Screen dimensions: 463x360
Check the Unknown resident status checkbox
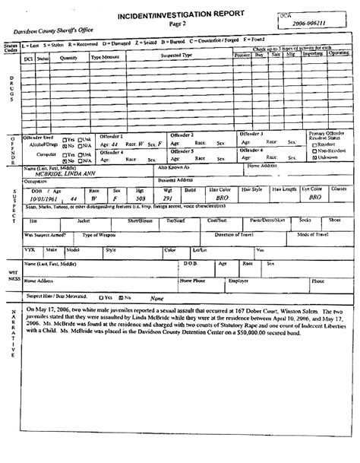click(x=314, y=159)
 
